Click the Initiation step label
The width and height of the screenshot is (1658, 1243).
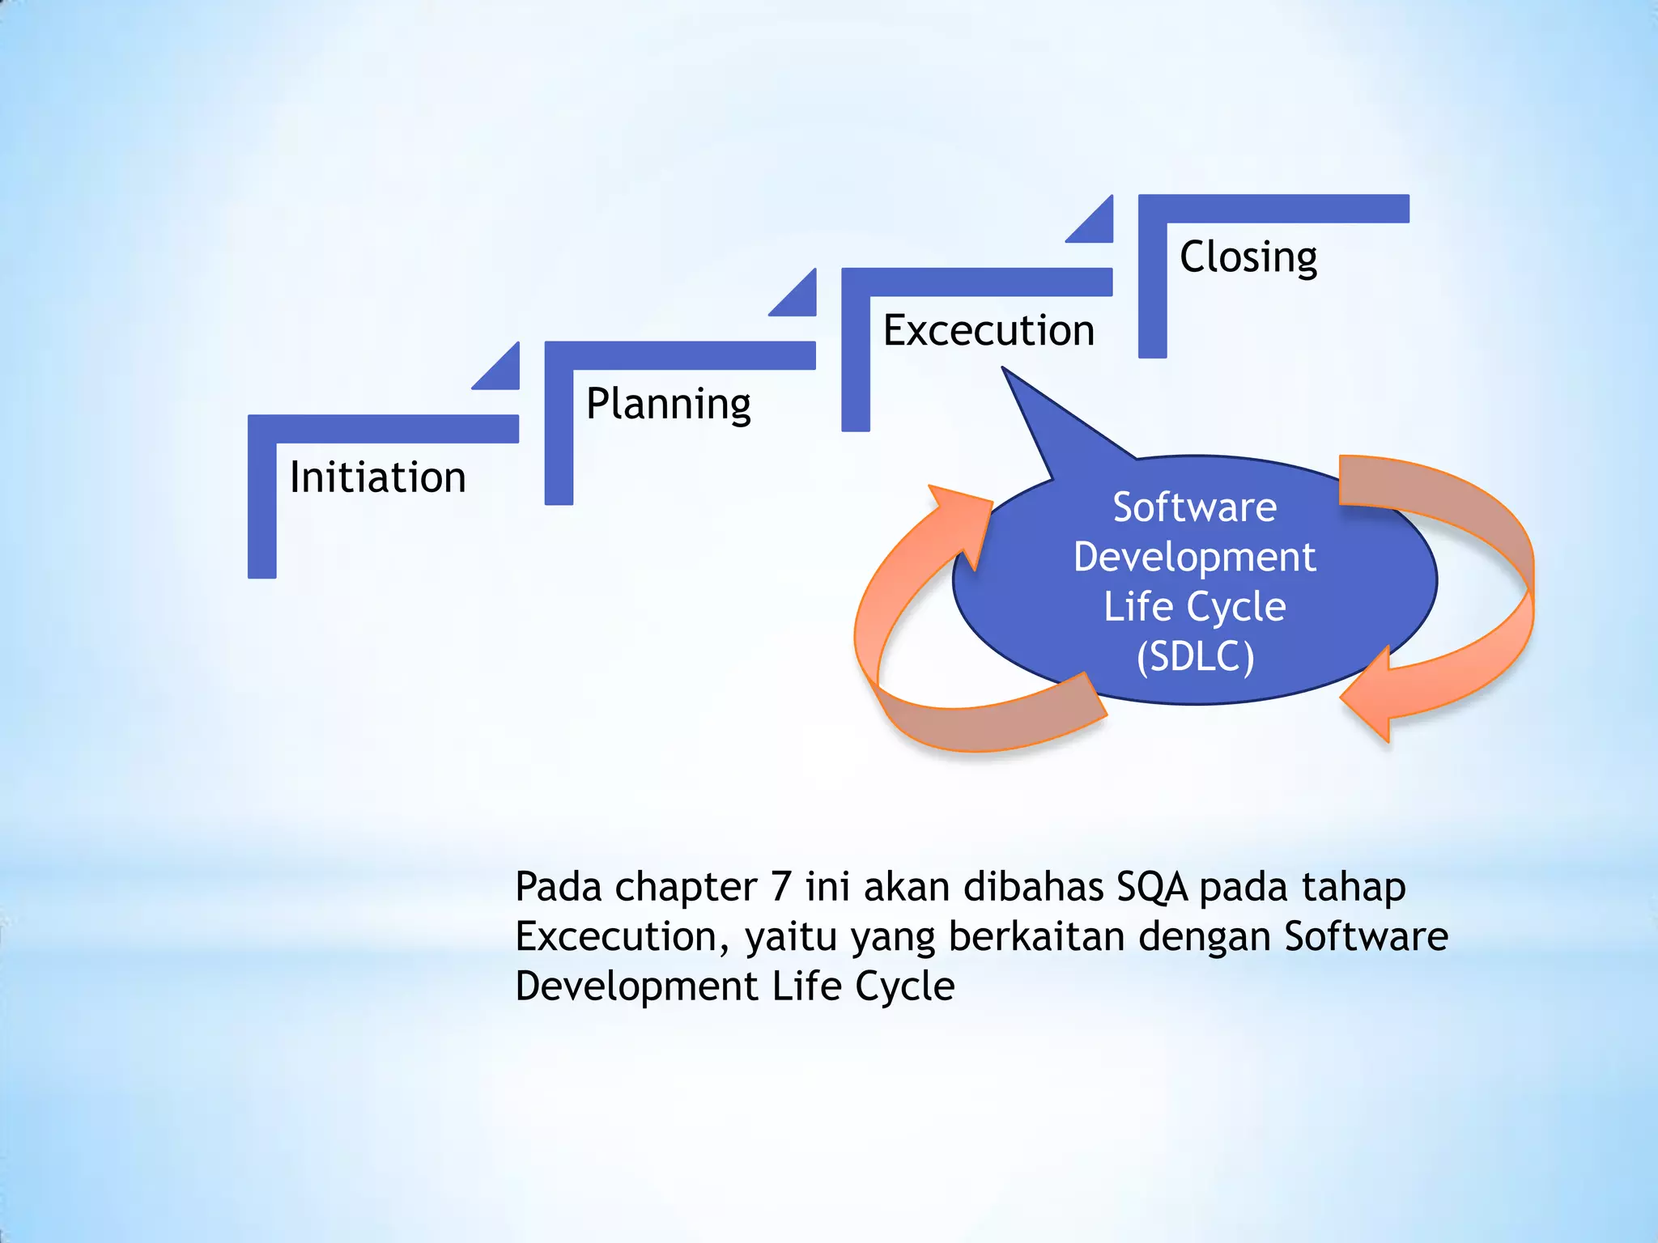[377, 477]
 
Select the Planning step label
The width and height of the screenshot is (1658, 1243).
[668, 404]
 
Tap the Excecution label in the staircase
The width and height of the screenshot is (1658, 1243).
[988, 330]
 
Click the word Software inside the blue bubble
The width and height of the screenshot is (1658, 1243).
[1194, 507]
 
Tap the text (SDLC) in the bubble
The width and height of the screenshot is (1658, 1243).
[1195, 656]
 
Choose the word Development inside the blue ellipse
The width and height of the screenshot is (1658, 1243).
[1194, 557]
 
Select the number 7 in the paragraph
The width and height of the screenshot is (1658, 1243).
[780, 886]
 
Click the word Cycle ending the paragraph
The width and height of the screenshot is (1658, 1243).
[904, 986]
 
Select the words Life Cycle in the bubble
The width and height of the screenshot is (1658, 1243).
[1194, 607]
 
